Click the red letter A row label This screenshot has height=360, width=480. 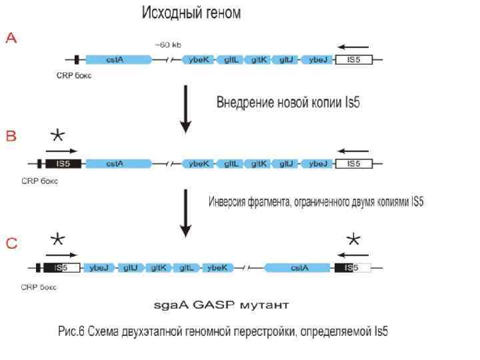[11, 39]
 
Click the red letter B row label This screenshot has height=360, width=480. [11, 136]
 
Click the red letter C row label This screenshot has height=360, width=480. [11, 244]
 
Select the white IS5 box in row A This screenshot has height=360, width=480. [353, 59]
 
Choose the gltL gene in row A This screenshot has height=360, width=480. [232, 59]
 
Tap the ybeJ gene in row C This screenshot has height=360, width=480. [99, 268]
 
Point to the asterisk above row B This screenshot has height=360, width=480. [58, 136]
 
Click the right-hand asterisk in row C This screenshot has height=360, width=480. [353, 241]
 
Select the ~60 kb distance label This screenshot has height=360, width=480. [167, 45]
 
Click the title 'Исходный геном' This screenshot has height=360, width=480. [191, 13]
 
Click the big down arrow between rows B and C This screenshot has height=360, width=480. [186, 213]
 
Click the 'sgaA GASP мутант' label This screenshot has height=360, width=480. [222, 305]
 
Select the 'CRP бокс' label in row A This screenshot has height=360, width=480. [74, 75]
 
